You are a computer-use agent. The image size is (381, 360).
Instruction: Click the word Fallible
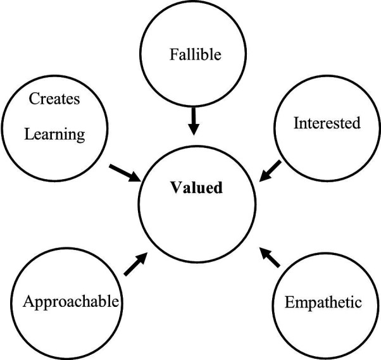tap(196, 54)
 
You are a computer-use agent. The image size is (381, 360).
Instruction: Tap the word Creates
tap(54, 99)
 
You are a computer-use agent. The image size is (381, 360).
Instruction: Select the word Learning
tap(54, 134)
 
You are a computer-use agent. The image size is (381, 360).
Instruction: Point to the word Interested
tap(327, 123)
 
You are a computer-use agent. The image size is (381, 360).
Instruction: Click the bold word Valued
tap(196, 187)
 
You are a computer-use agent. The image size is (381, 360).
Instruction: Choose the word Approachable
tap(71, 302)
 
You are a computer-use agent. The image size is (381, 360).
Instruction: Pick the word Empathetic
tap(323, 302)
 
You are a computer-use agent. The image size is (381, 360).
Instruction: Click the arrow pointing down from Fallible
tap(194, 121)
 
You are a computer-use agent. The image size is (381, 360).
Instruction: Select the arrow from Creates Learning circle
tap(125, 173)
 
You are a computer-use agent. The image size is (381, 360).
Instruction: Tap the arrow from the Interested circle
tap(270, 171)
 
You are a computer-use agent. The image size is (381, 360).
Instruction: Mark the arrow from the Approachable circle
tap(136, 264)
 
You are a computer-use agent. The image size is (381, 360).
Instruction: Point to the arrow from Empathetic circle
tap(270, 258)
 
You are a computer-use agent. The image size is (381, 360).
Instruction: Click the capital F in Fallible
tap(173, 54)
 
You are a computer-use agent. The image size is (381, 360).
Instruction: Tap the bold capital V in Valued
tap(175, 187)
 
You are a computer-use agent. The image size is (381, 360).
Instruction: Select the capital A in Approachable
tap(28, 301)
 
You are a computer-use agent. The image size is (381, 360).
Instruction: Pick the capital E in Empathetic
tap(289, 302)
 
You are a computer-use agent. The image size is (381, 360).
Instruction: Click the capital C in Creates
tap(34, 99)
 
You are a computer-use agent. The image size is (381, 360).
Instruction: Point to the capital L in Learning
tap(29, 133)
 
